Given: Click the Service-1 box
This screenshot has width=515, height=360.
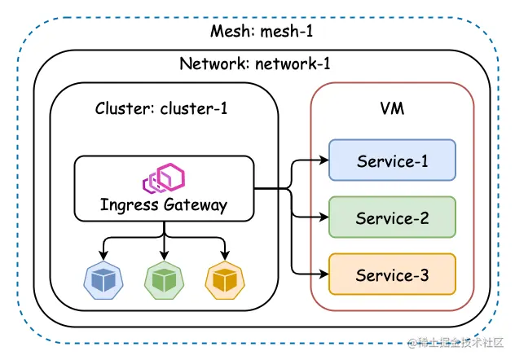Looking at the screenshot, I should (392, 160).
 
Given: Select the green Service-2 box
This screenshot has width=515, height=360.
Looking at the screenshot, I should (392, 217).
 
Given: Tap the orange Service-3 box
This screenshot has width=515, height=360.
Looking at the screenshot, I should (392, 274).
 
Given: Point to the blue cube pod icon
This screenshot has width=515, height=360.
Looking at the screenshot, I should (103, 279).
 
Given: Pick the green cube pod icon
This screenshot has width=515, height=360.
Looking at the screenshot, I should (164, 279).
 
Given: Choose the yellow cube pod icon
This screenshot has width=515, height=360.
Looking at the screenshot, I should (224, 279).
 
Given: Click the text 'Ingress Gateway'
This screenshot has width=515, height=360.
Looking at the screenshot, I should (164, 204).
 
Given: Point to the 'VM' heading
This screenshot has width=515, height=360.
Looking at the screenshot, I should (392, 108).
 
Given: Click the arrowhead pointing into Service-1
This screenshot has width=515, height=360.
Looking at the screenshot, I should (324, 160).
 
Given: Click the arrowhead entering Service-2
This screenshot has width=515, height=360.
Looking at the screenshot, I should (324, 217).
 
